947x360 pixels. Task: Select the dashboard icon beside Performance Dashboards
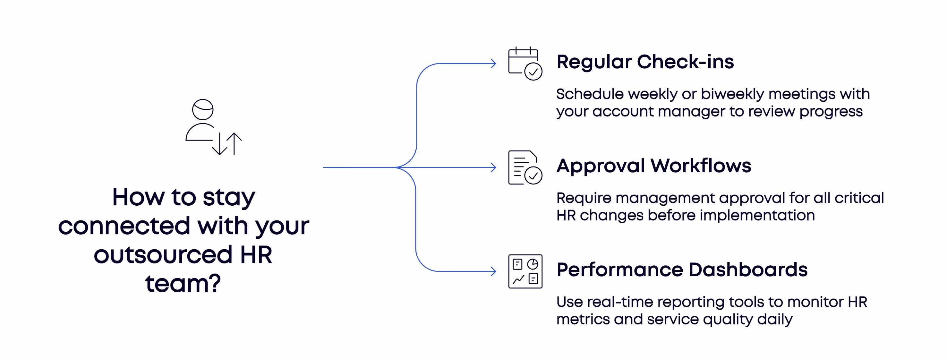pyautogui.click(x=525, y=271)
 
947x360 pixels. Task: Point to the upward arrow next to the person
pyautogui.click(x=234, y=143)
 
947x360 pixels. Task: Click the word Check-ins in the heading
pyautogui.click(x=685, y=62)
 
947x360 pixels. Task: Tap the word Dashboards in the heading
pyautogui.click(x=748, y=270)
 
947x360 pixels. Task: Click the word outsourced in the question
pyautogui.click(x=163, y=254)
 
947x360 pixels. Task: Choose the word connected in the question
pyautogui.click(x=124, y=226)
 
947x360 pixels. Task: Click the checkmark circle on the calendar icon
pyautogui.click(x=533, y=71)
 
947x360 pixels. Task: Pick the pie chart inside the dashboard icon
pyautogui.click(x=533, y=264)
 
